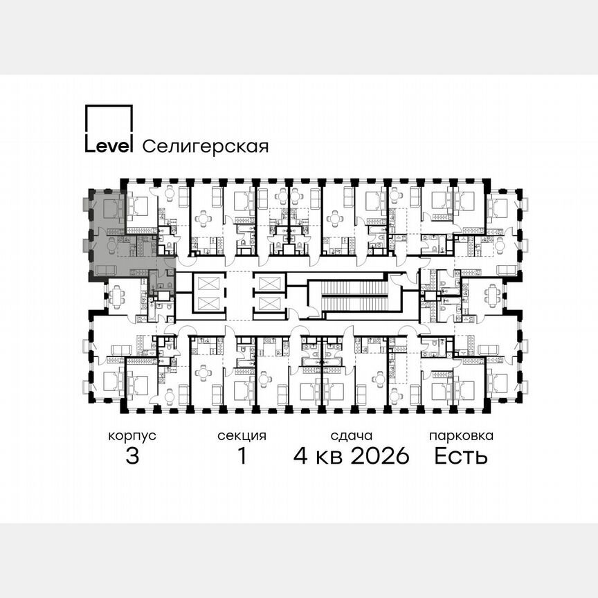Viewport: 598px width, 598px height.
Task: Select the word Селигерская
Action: click(x=205, y=146)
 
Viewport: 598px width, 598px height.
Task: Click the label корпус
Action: click(x=132, y=436)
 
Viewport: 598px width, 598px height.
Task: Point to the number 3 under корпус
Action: click(x=132, y=456)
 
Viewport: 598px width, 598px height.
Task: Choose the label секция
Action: click(x=242, y=436)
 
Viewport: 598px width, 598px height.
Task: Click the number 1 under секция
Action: click(x=242, y=456)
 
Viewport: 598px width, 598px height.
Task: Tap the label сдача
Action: click(x=352, y=436)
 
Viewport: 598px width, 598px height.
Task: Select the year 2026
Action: click(x=379, y=456)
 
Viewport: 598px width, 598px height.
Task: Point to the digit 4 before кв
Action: click(x=301, y=456)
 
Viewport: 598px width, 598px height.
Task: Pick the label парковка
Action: click(x=461, y=436)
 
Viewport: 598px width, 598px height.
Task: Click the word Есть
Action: click(x=461, y=456)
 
